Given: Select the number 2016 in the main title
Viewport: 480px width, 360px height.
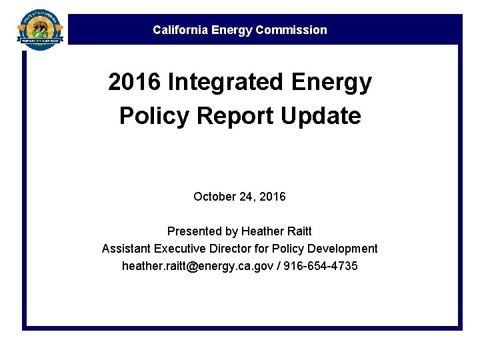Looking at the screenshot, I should point(135,83).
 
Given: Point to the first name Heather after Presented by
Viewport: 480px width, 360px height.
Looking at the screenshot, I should point(263,231).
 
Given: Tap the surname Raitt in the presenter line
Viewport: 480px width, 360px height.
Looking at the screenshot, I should point(299,231).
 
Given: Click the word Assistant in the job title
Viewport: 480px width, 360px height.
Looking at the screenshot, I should point(126,249).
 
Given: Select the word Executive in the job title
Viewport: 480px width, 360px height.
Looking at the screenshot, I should point(181,249).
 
